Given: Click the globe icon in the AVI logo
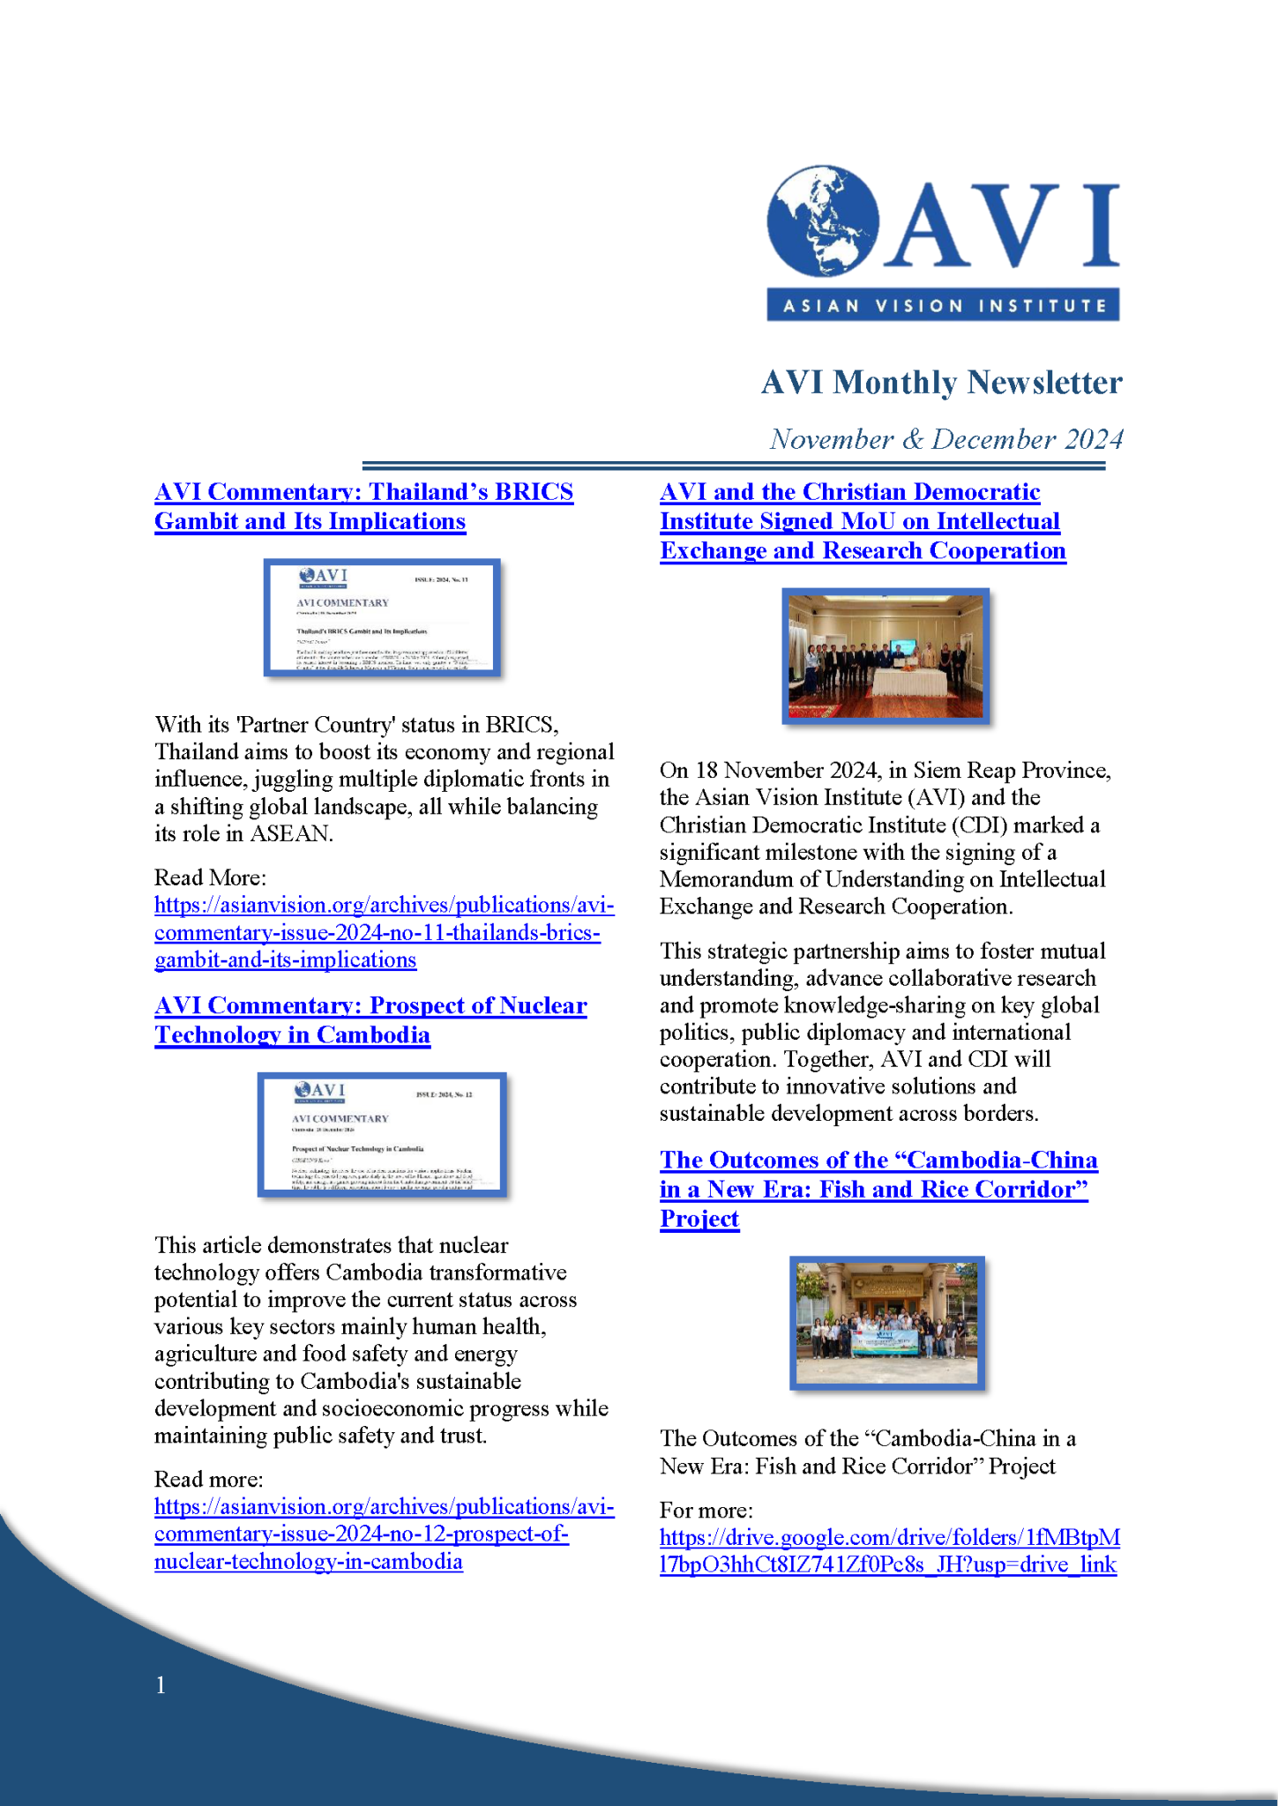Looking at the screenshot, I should [823, 222].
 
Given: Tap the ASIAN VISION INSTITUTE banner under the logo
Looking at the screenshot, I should [943, 305].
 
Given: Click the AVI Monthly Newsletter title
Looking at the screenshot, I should [941, 383].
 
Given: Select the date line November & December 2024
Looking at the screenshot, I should [946, 439].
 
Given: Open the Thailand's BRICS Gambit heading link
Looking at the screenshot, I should [363, 506].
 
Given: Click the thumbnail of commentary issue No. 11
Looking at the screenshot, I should [382, 617].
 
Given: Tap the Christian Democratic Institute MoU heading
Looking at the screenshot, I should [862, 521].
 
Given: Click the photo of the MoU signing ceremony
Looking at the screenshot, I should [886, 656].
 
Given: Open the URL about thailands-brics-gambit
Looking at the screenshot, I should [384, 932].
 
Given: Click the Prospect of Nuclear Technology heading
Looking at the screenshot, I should [370, 1020].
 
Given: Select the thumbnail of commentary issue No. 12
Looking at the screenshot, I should [382, 1134].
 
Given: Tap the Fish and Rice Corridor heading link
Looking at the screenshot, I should [878, 1189].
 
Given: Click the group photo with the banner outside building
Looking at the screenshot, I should [886, 1323].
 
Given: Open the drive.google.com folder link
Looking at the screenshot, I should [889, 1551].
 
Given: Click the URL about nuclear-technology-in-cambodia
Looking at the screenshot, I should [384, 1534].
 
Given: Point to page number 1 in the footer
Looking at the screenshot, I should [161, 1685].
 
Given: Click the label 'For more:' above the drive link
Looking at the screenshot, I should [706, 1510].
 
